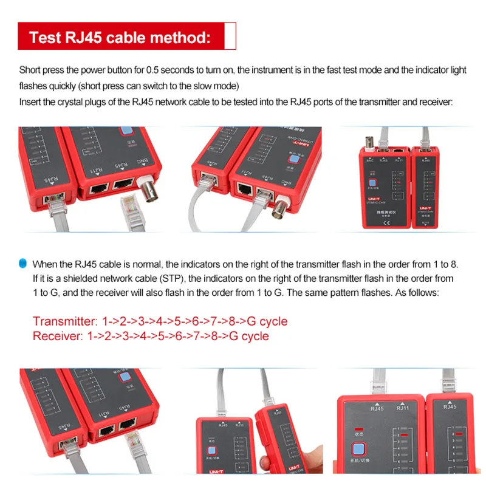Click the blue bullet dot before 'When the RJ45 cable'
[x=23, y=263]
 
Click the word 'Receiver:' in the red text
[x=58, y=336]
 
